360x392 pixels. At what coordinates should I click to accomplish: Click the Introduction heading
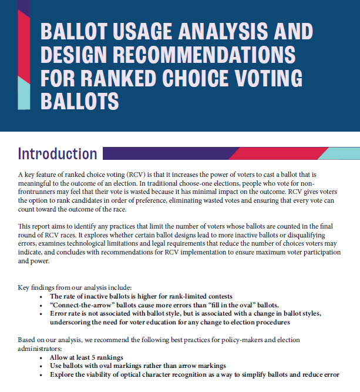[58, 154]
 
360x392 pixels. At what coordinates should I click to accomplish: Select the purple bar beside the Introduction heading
[164, 154]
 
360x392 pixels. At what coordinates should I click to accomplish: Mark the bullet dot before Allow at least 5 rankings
[41, 357]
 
